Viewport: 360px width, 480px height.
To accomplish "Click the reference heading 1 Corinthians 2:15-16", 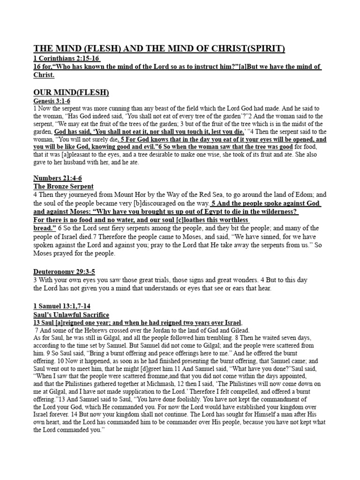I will pos(67,58).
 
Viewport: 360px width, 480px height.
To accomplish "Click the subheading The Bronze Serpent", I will pos(63,187).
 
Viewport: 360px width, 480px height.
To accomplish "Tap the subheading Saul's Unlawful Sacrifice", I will pos(71,315).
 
